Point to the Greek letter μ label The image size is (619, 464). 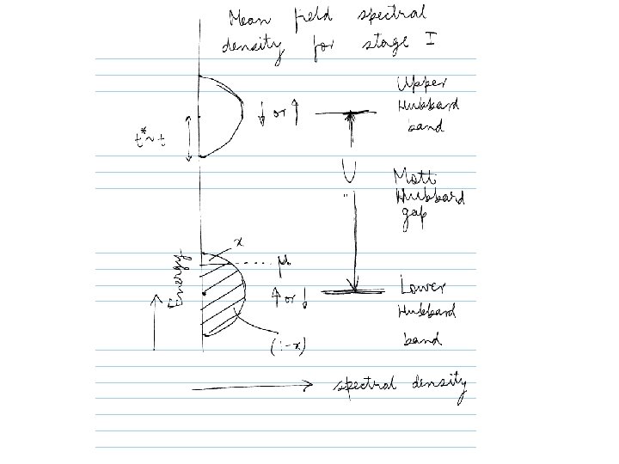[x=283, y=260]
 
